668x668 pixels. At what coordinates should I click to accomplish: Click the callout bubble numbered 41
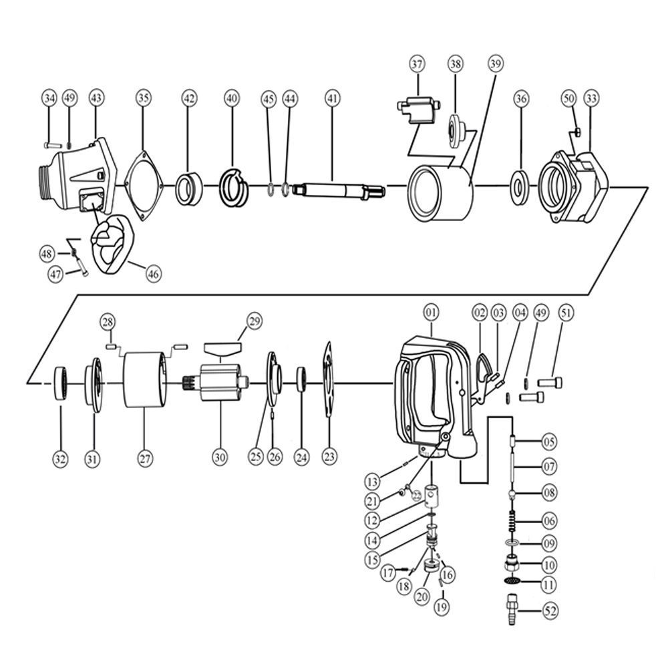point(333,98)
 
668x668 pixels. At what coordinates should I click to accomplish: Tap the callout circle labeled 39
point(495,64)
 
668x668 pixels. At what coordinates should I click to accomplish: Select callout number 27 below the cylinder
point(145,458)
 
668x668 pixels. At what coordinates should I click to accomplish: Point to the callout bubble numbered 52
point(550,611)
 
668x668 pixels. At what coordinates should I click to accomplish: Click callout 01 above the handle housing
point(431,313)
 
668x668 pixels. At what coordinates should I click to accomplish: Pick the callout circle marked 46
point(154,273)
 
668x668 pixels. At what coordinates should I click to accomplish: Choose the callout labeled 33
point(591,98)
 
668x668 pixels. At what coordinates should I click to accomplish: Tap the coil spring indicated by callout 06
point(512,520)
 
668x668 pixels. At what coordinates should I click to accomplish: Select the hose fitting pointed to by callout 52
point(512,610)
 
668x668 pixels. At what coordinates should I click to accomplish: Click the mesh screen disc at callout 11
point(512,581)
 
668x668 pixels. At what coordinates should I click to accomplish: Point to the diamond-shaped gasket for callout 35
point(144,185)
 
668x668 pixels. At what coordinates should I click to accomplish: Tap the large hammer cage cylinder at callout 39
point(441,193)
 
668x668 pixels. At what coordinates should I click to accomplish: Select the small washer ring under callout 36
point(520,187)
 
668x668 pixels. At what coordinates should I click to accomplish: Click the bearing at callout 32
point(61,383)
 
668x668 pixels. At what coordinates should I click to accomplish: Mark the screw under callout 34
point(53,145)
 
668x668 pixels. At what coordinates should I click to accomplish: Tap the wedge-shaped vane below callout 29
point(222,349)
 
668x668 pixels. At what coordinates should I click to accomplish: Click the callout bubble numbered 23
point(329,457)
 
